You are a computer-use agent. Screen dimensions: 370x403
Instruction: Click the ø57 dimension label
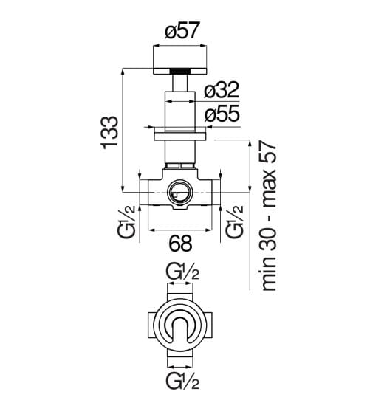click(x=182, y=30)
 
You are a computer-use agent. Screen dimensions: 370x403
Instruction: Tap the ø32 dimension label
click(x=222, y=90)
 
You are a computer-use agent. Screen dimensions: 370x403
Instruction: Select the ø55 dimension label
click(x=222, y=114)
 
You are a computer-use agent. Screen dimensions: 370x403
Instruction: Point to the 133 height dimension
click(x=110, y=132)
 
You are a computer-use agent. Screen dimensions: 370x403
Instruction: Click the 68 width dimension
click(x=180, y=243)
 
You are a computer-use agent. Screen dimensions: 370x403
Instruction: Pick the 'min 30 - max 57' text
click(x=268, y=216)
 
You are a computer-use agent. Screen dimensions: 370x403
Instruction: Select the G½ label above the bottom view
click(x=182, y=272)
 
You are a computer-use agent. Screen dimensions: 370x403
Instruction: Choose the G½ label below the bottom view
click(x=182, y=380)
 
